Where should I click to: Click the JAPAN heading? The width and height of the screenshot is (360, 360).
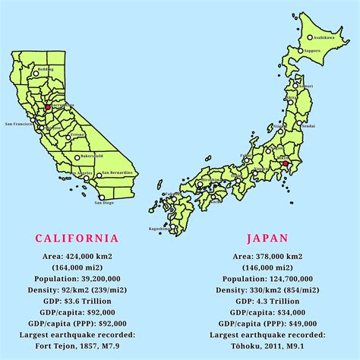[270, 238]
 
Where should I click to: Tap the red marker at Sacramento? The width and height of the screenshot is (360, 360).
[47, 108]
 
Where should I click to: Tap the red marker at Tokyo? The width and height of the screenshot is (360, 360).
[285, 163]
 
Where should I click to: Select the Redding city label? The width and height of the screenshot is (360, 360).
[46, 68]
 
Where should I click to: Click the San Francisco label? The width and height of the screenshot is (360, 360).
[19, 123]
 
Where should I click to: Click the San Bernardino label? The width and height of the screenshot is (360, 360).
[120, 172]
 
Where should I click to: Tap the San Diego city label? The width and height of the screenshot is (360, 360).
[104, 203]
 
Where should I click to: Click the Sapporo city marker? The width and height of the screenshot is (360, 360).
[301, 51]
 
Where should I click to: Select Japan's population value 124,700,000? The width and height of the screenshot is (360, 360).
[270, 279]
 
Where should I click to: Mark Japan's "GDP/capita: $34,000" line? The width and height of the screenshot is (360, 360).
[270, 311]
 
